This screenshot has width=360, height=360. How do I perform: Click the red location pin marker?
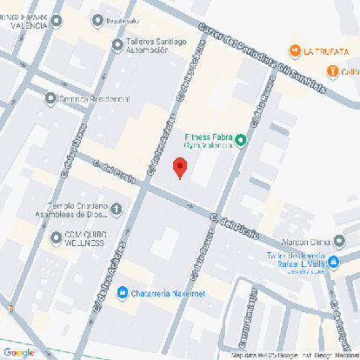point(180,167)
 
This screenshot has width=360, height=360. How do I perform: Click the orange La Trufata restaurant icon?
point(295,51)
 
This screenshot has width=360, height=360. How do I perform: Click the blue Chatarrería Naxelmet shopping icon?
point(123,292)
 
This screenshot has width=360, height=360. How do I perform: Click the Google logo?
point(18,352)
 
